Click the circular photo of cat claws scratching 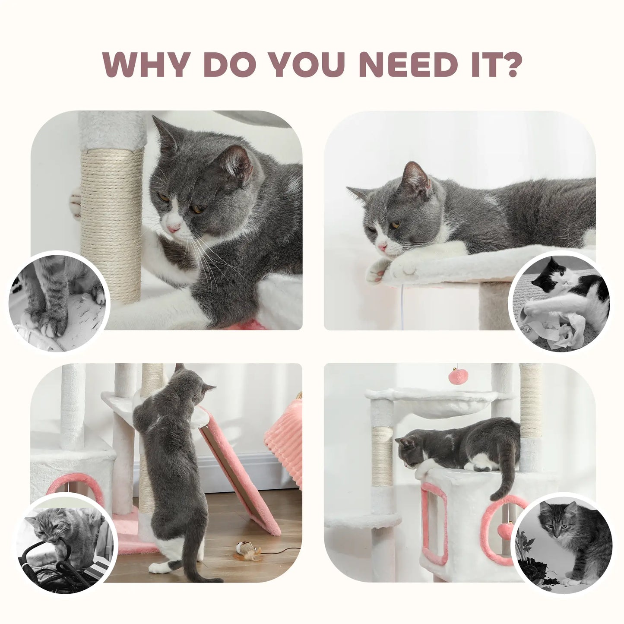[x=59, y=301]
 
